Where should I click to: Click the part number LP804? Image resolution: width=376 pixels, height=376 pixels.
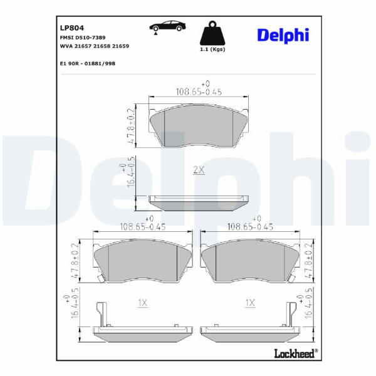coord(72,28)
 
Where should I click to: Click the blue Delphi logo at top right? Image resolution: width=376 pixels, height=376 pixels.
coord(283,36)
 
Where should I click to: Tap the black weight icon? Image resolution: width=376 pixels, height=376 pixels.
coord(212,33)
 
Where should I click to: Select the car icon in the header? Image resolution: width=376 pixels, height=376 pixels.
coord(167,26)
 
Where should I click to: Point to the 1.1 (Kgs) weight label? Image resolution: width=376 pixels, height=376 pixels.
coord(212,50)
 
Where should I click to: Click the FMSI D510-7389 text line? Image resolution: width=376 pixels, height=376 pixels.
coord(83,38)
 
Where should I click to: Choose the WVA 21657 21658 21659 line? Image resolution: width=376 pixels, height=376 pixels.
coord(95,46)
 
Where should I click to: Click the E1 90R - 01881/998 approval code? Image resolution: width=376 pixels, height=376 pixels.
coord(88,63)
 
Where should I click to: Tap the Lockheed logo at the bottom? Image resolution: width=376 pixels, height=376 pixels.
coord(296,353)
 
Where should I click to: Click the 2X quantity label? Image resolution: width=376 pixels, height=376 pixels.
coord(199,170)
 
